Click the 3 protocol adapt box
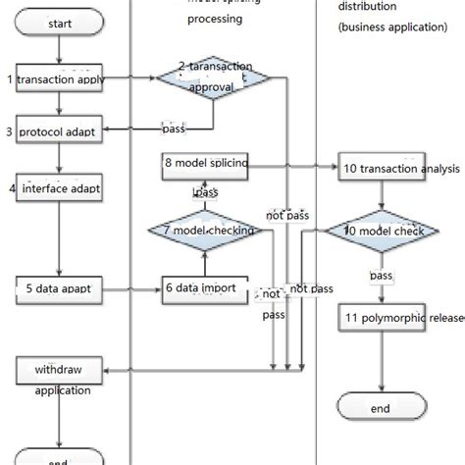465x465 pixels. (58, 130)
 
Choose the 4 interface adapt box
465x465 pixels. (58, 186)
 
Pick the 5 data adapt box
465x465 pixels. (59, 289)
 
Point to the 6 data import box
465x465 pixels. (201, 289)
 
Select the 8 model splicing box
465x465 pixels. (204, 168)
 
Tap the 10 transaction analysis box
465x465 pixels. (385, 168)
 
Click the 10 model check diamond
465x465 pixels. (383, 232)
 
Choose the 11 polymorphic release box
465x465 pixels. (385, 319)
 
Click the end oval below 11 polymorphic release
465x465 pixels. (381, 407)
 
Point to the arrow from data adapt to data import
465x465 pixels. (131, 289)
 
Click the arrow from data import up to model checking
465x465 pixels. (203, 263)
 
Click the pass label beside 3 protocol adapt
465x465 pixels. (174, 129)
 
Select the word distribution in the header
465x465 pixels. (368, 7)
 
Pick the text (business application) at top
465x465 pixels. (392, 26)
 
